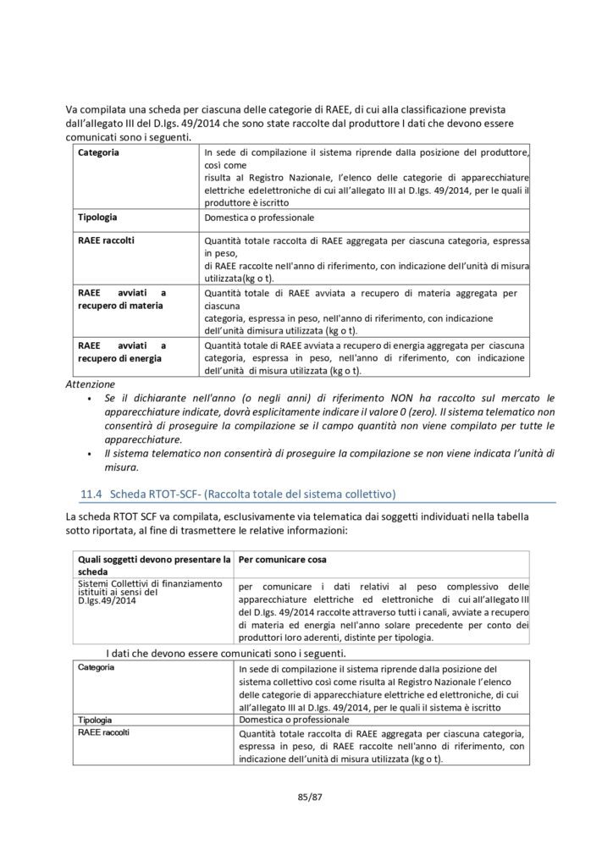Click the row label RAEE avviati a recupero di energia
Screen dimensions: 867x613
(122, 351)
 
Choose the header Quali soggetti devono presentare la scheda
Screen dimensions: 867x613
(153, 566)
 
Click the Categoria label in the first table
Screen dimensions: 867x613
(98, 152)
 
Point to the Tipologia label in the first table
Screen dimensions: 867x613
(97, 217)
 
